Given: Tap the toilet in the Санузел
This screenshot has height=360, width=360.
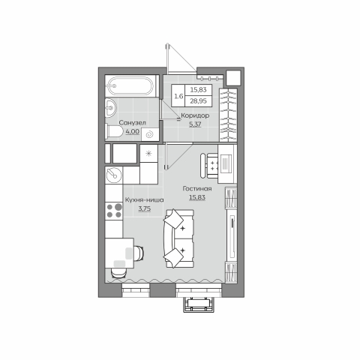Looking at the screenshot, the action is tap(114, 131).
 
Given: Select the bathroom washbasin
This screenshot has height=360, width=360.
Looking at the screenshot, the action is tap(110, 108).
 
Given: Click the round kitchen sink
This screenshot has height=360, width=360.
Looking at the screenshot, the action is tap(114, 175).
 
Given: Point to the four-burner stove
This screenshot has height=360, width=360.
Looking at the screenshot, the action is tap(114, 211).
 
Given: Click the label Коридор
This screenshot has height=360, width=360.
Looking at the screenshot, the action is tap(195, 115).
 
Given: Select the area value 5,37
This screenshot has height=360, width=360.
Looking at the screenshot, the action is tap(195, 124).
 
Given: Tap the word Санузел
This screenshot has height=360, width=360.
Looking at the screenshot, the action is tap(132, 123).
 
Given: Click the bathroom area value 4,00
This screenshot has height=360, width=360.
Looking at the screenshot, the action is tap(133, 131).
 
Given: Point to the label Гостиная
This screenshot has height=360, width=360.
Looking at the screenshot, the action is tap(197, 189).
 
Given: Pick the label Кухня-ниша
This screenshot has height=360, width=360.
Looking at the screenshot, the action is tap(145, 200).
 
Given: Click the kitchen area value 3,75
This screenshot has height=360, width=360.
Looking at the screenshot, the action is tap(145, 208).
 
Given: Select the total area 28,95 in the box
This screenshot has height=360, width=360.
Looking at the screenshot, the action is tap(198, 101).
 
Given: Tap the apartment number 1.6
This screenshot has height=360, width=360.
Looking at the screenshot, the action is tap(178, 96).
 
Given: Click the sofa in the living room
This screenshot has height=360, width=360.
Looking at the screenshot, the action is tap(178, 238).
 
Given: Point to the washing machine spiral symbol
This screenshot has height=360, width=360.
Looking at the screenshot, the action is tap(149, 134).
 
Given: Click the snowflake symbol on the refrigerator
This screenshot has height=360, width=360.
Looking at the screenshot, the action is tap(148, 153).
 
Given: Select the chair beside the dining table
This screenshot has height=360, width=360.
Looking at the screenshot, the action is tap(139, 253).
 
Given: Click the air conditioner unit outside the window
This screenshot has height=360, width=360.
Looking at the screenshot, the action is tap(199, 304).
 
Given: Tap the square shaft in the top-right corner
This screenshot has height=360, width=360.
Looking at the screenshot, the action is tap(233, 77).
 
